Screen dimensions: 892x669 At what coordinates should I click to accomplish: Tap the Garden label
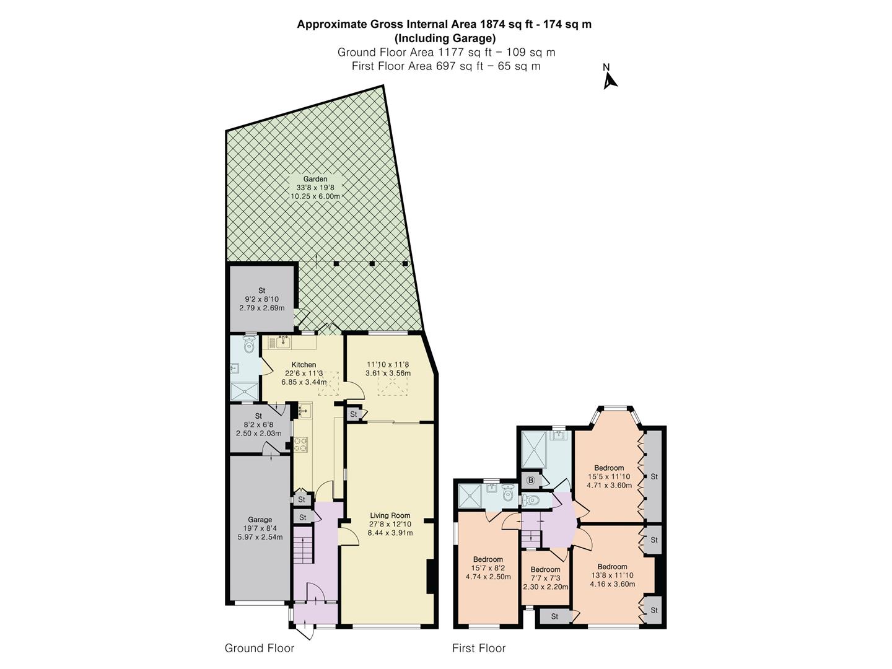(315, 179)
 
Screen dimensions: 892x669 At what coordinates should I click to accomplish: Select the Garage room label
(260, 520)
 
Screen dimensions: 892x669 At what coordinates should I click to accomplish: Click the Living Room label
(390, 515)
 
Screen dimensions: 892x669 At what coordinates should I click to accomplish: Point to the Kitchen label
(304, 364)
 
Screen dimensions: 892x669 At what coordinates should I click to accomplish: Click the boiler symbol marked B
(530, 481)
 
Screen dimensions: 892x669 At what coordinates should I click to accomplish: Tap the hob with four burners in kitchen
(301, 444)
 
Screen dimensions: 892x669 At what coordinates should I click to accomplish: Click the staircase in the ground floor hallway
(304, 545)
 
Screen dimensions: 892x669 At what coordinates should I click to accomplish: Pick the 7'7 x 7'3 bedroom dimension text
(545, 578)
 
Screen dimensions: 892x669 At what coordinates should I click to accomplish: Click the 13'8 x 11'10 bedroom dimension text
(613, 575)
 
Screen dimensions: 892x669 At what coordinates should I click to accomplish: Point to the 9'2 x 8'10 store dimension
(261, 299)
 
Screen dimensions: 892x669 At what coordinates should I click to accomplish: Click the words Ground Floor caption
(260, 648)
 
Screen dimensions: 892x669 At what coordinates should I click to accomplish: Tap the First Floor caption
(479, 648)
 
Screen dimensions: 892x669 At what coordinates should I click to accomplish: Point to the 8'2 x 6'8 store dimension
(258, 424)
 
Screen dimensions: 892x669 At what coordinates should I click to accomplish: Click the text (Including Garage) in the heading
(445, 38)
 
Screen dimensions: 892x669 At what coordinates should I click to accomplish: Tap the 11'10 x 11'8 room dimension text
(388, 364)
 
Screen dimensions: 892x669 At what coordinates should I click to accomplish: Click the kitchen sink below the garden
(282, 343)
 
